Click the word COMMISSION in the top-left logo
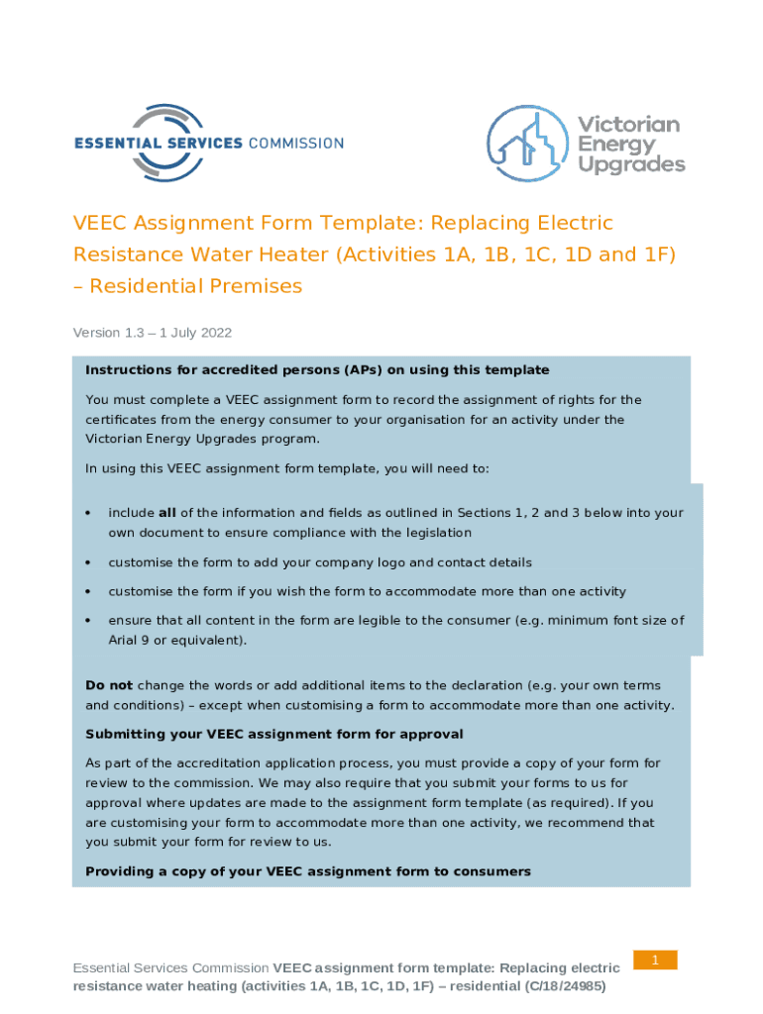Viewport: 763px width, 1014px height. point(295,143)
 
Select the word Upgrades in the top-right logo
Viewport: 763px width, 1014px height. point(631,165)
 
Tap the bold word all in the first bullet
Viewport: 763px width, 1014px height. point(168,513)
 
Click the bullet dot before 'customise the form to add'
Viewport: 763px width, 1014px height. point(88,562)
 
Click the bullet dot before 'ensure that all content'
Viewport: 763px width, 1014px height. point(88,621)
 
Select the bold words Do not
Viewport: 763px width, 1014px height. point(109,685)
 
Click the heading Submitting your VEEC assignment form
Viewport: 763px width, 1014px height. point(274,735)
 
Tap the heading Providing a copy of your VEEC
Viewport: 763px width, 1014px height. point(308,871)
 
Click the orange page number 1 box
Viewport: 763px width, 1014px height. point(655,960)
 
